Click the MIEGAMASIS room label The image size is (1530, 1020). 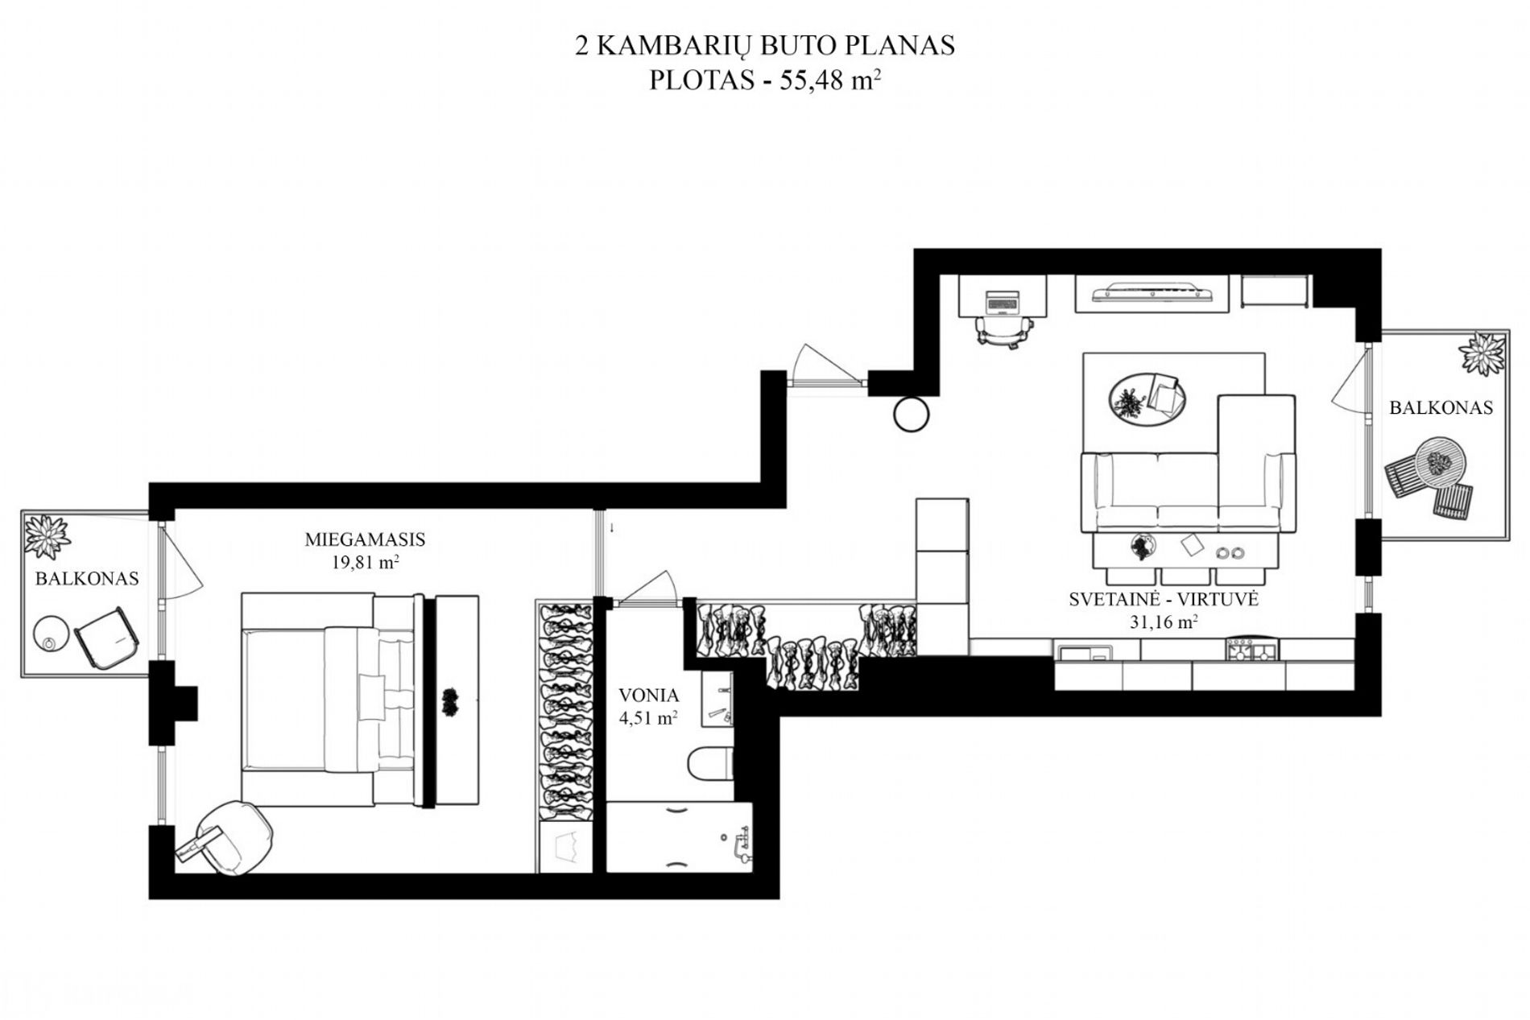click(x=365, y=539)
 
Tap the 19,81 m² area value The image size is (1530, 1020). click(x=366, y=562)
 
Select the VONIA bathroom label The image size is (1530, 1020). click(x=648, y=696)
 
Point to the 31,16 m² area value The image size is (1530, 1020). click(x=1163, y=621)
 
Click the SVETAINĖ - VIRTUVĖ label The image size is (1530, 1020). click(x=1164, y=599)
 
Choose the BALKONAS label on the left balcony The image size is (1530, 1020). click(x=87, y=579)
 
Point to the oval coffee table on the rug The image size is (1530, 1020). click(x=1147, y=399)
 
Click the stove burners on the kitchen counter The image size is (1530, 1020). click(x=1252, y=650)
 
